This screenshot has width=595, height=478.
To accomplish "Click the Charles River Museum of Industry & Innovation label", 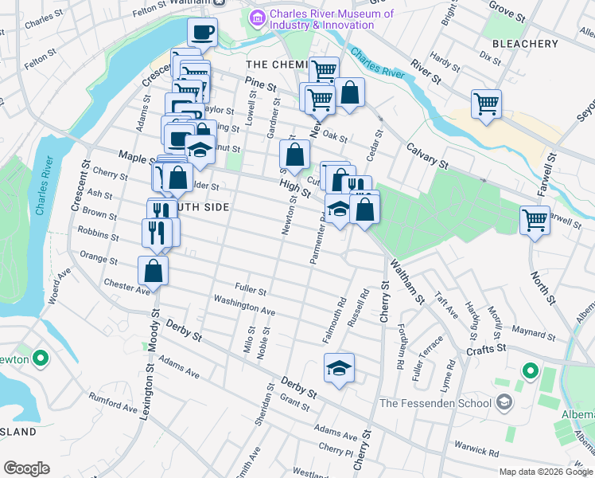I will tap(332, 19).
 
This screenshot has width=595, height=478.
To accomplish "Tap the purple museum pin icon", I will tap(258, 18).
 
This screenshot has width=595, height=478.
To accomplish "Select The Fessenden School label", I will tap(435, 402).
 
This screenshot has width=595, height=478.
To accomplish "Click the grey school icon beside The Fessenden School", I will tap(504, 402).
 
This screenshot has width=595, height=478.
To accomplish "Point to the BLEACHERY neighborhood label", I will tap(525, 43).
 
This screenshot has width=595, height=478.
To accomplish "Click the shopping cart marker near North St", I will tap(535, 218).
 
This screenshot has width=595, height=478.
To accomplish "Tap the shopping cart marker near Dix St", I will tap(486, 103).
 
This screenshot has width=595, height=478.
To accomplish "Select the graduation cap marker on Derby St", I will tap(339, 367).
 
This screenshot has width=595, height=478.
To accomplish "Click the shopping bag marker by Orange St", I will tap(153, 270).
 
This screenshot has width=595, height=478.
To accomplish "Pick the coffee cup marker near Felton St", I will tap(202, 33).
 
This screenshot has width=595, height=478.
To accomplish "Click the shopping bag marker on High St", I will tap(294, 154).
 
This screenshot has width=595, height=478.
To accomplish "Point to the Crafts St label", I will tap(485, 349).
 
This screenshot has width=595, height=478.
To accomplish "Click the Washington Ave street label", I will tap(244, 304).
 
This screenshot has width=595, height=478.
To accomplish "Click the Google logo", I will tap(26, 468).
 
